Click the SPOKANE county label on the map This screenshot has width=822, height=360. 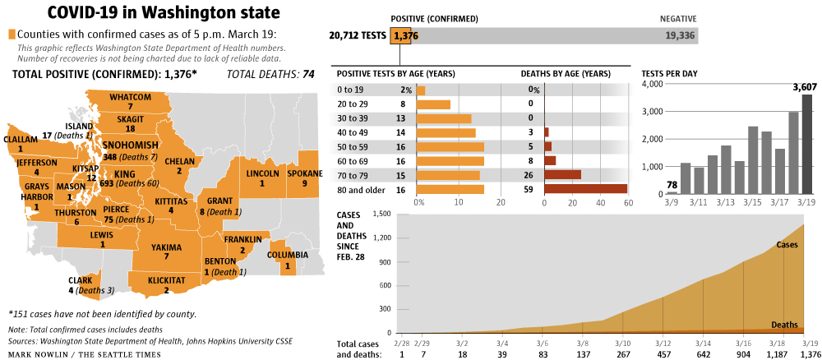click(305, 174)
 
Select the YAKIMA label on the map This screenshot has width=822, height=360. click(166, 247)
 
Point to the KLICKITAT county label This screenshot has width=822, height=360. click(166, 280)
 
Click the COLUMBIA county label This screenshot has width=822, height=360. click(288, 255)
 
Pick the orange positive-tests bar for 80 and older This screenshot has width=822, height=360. click(450, 189)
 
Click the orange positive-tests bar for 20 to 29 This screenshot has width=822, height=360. click(434, 104)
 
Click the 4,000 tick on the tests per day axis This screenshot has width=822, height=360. click(652, 84)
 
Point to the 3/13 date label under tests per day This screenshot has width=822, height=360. click(725, 201)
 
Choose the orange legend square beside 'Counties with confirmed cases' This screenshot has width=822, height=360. click(12, 35)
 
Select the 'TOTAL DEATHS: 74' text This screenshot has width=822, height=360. click(274, 74)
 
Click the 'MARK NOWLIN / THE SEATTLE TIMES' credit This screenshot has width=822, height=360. click(84, 353)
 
